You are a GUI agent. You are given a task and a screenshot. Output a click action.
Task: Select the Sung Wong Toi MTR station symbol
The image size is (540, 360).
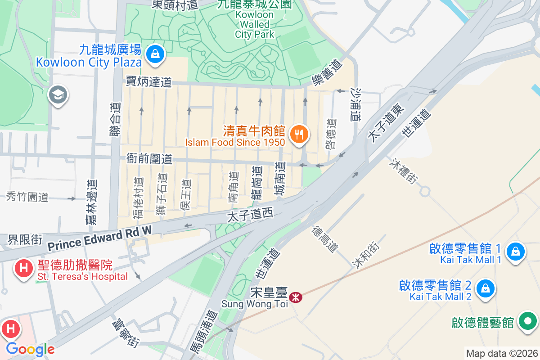point(296,297)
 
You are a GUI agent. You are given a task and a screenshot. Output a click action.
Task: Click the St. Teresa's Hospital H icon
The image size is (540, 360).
point(23,269)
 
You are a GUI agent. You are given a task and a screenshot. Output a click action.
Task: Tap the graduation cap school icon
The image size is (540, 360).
point(58,95)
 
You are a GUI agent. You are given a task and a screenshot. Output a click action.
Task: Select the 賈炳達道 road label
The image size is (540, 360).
point(149,82)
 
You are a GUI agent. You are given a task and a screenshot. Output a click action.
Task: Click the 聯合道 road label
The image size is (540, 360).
point(115,120)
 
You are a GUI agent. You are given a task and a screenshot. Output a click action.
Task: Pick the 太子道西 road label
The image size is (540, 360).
point(250,216)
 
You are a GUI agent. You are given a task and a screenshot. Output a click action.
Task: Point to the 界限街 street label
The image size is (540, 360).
point(25,239)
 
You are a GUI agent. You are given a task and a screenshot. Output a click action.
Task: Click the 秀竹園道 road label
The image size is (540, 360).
point(27,197)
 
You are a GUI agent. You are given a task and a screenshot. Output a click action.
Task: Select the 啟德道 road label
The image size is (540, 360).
point(331,134)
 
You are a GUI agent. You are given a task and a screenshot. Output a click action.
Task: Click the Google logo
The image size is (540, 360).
point(30,349)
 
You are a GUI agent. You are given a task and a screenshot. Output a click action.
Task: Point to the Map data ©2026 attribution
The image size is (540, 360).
point(502,353)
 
